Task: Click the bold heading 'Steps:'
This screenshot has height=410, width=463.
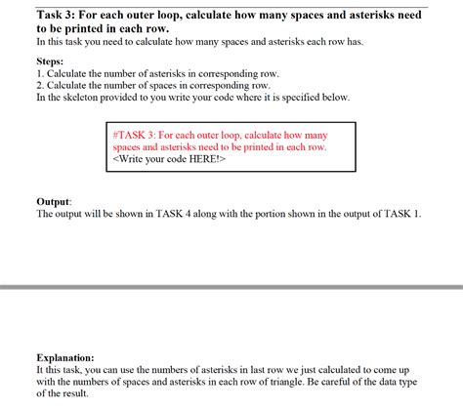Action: coord(50,61)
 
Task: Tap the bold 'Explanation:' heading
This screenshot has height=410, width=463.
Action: coord(65,357)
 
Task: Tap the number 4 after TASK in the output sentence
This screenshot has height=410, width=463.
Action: coord(204,214)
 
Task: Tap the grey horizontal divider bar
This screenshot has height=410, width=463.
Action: coord(231,287)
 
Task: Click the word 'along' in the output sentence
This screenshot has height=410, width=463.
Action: coord(228,214)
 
